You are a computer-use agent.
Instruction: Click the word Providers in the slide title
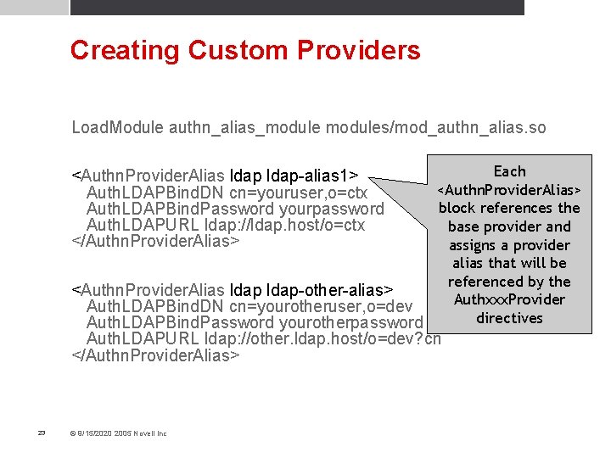(360, 50)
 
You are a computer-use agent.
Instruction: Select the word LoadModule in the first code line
(117, 128)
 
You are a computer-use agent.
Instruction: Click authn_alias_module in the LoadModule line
(244, 128)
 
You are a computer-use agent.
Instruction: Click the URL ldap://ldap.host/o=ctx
(285, 225)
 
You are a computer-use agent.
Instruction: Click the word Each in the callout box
(509, 171)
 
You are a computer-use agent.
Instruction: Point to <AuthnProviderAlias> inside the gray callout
(509, 189)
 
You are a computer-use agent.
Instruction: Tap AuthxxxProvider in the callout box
(509, 299)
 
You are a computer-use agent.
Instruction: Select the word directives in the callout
(509, 318)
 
